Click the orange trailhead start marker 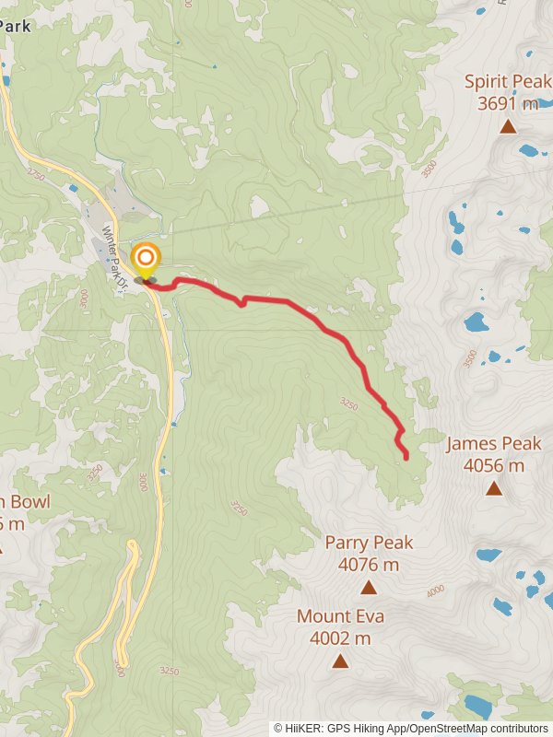click(x=145, y=258)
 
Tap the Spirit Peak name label click(x=507, y=81)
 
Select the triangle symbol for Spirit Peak click(x=508, y=126)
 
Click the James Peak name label click(x=493, y=444)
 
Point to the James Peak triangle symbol click(x=494, y=488)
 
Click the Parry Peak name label click(x=369, y=543)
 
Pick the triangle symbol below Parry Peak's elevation click(x=369, y=587)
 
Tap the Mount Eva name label click(x=340, y=616)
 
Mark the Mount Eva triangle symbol click(x=340, y=661)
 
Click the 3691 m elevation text click(x=508, y=103)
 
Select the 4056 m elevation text click(x=494, y=466)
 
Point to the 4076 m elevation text click(x=369, y=565)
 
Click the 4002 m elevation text click(x=340, y=638)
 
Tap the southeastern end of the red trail click(x=406, y=457)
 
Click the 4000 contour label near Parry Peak click(x=434, y=591)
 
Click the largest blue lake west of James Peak click(x=476, y=322)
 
